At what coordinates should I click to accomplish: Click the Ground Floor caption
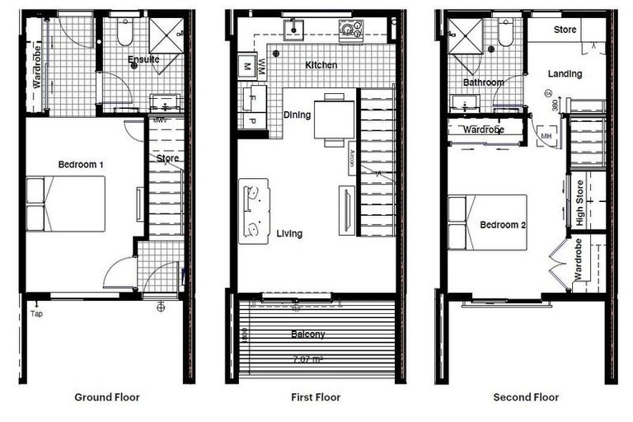click(x=106, y=397)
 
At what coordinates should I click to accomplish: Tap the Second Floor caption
click(x=526, y=397)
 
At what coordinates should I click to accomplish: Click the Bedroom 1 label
click(x=81, y=165)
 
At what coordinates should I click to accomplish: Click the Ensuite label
click(x=143, y=59)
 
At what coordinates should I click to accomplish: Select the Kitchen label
click(x=321, y=65)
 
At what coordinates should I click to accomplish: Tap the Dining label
click(x=297, y=115)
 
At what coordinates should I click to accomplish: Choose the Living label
click(x=289, y=234)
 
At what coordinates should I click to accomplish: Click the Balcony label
click(x=307, y=335)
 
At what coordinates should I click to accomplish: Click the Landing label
click(x=565, y=74)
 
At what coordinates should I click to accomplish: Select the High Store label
click(x=580, y=204)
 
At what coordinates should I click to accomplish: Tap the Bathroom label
click(x=483, y=82)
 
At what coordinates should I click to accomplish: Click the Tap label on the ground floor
click(x=35, y=314)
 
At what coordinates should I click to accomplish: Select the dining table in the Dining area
click(x=334, y=120)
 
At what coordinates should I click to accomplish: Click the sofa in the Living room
click(x=254, y=211)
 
